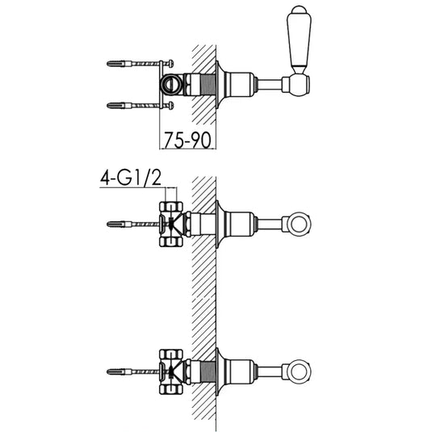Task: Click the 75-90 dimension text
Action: tap(187, 141)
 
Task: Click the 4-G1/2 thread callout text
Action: tap(131, 178)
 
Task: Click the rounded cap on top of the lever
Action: tap(299, 10)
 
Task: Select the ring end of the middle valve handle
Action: tap(299, 224)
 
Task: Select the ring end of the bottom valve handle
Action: tap(299, 371)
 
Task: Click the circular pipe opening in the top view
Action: tap(171, 84)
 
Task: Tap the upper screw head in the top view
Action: tap(171, 64)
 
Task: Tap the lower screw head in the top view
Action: tap(171, 106)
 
